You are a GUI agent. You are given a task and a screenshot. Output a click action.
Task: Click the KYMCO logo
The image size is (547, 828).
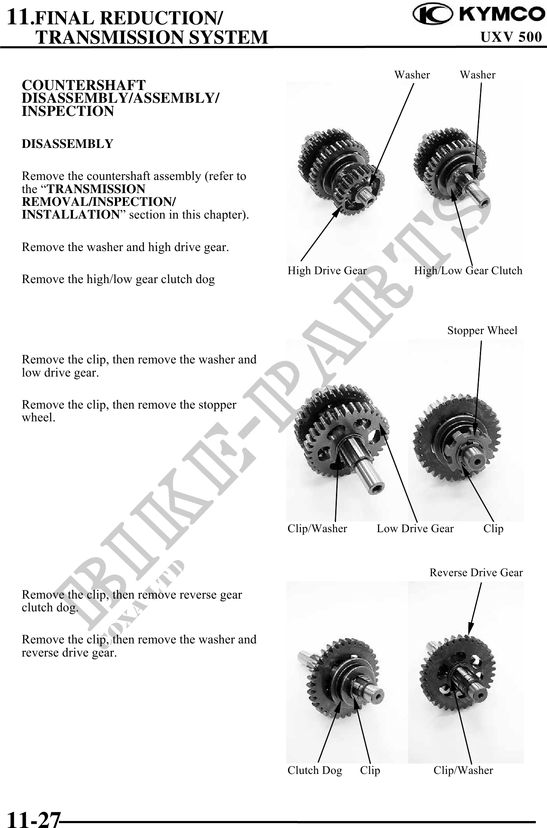click(x=476, y=14)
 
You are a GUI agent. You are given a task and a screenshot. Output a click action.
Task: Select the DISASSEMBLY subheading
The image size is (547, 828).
click(x=68, y=144)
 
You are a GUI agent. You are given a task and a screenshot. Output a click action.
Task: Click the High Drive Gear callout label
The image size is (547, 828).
click(x=327, y=270)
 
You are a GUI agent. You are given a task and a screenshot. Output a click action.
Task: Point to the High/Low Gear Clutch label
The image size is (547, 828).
click(x=468, y=270)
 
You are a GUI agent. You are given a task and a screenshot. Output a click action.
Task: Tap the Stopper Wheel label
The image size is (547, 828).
click(x=482, y=331)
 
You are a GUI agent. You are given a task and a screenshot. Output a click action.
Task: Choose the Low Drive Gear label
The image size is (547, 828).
click(x=415, y=528)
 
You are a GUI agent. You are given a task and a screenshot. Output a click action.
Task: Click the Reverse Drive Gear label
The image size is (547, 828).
click(x=476, y=573)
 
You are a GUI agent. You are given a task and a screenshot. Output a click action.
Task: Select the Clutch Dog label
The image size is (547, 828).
click(x=315, y=770)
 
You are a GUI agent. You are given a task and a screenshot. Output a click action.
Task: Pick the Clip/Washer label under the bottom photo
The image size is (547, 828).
click(x=463, y=770)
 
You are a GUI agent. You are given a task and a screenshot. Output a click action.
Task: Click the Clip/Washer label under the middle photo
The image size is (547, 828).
click(x=317, y=528)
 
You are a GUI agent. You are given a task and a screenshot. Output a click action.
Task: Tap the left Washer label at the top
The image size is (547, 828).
click(x=412, y=75)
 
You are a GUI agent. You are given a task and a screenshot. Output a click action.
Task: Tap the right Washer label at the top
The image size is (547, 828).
click(x=478, y=75)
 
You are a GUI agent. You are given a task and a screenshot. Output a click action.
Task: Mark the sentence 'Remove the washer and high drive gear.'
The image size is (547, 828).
click(x=125, y=247)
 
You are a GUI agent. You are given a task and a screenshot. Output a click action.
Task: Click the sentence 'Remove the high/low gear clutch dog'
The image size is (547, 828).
click(x=118, y=279)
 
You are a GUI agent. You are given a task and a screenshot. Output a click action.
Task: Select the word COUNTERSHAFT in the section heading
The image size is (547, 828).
click(x=84, y=85)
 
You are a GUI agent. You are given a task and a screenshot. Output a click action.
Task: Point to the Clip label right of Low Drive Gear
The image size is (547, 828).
click(x=493, y=528)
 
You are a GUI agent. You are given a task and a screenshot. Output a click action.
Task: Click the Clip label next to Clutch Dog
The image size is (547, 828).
click(x=370, y=770)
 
